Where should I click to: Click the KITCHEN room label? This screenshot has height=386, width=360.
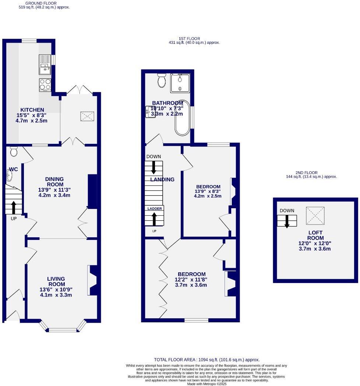coord(32,110)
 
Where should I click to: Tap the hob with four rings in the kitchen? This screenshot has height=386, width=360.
coord(45,85)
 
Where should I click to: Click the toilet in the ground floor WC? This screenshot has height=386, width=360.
coord(14,151)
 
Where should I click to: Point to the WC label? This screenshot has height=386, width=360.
coord(14,169)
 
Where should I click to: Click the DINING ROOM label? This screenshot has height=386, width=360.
coord(54,182)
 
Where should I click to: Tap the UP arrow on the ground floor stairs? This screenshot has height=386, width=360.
coord(14,208)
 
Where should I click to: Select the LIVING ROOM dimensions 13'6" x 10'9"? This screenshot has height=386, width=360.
coord(56,290)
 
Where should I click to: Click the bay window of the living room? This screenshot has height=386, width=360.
coord(63,329)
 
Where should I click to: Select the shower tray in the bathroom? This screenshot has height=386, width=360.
coord(180,83)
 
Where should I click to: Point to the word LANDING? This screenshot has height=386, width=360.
coord(162,180)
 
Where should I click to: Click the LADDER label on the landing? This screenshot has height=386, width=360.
coord(155,209)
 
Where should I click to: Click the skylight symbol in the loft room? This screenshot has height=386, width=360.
coord(315,216)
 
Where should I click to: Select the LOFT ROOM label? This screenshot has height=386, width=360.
coord(316,236)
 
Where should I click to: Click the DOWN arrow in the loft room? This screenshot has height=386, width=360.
coord(287,221)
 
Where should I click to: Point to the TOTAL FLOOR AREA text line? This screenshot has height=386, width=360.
coord(207,360)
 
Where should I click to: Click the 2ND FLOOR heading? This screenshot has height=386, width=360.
coord(306,173)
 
